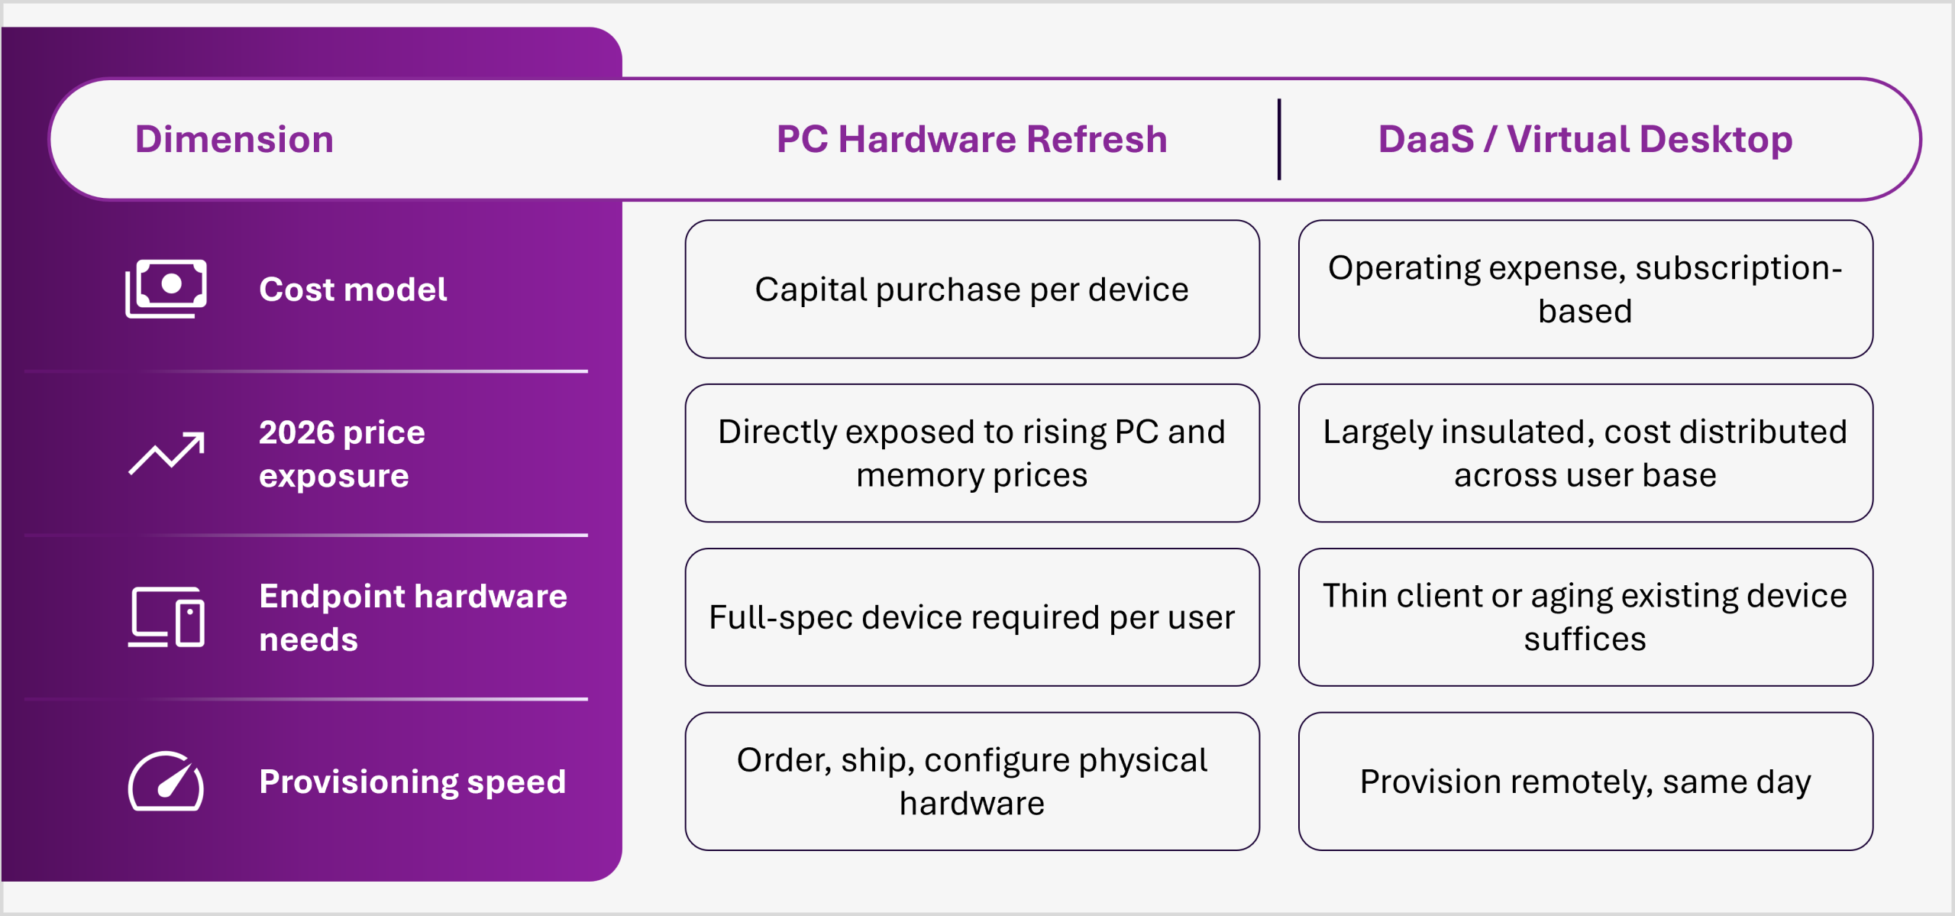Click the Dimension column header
tap(234, 139)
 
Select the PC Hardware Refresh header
tap(971, 139)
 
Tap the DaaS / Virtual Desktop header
tap(1585, 139)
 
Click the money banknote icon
tap(166, 289)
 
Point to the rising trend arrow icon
tap(166, 453)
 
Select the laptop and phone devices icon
tap(166, 617)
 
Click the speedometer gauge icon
tap(166, 781)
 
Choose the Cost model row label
tap(353, 290)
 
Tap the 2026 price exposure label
tap(342, 454)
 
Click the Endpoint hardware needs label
tap(413, 617)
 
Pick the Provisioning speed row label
tap(412, 782)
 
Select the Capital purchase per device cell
tap(972, 290)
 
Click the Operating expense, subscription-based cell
tap(1585, 290)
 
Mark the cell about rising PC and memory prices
tap(972, 453)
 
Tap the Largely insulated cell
tap(1585, 453)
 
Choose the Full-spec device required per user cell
tap(972, 617)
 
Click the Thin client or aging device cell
tap(1585, 617)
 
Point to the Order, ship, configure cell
tap(972, 782)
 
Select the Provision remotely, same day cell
tap(1585, 782)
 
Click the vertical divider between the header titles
tap(1279, 139)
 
